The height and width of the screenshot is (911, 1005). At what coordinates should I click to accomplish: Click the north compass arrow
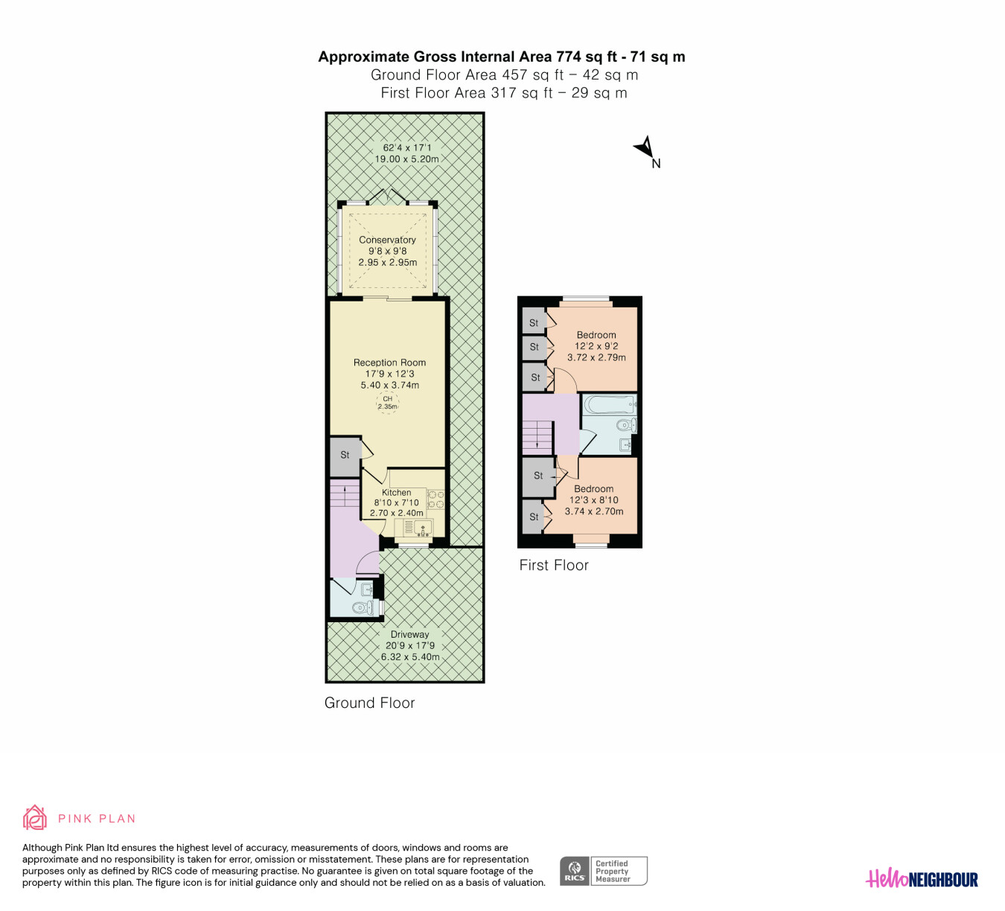tap(645, 147)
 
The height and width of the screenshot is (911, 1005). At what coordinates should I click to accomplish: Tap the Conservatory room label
tap(387, 240)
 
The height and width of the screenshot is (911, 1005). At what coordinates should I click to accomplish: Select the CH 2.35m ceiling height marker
tap(387, 403)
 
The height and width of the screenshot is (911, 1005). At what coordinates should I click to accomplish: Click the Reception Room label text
tap(389, 362)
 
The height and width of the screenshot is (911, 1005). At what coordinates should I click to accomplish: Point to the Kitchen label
tap(396, 493)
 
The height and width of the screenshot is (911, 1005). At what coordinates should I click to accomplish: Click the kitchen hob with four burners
tap(435, 499)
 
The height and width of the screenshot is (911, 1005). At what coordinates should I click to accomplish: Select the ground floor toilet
tap(363, 608)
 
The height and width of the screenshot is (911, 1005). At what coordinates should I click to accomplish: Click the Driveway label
tap(409, 634)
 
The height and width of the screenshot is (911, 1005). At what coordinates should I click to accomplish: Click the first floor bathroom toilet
tap(627, 426)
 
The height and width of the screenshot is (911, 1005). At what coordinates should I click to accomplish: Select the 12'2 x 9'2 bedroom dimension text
tap(596, 346)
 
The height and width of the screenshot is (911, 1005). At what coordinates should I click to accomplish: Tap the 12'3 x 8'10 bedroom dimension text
tap(593, 500)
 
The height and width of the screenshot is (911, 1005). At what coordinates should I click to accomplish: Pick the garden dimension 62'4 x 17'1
tap(406, 148)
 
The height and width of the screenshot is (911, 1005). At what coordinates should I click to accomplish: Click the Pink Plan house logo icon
tap(34, 817)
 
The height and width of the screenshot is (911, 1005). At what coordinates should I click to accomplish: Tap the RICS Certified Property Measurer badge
tap(603, 871)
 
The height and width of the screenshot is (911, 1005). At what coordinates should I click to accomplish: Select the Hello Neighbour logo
tap(922, 878)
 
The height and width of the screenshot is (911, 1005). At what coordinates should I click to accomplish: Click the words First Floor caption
tap(554, 565)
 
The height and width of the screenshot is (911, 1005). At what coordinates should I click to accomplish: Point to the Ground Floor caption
tap(370, 703)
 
